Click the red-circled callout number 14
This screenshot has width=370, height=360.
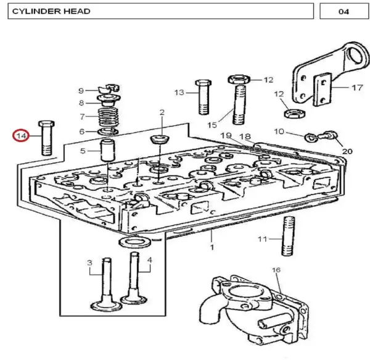pyautogui.click(x=21, y=136)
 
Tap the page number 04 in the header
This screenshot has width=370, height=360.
pyautogui.click(x=343, y=11)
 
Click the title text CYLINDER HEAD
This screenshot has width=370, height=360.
pyautogui.click(x=51, y=11)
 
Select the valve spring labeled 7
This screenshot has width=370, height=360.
pyautogui.click(x=109, y=117)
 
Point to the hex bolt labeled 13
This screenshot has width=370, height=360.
pyautogui.click(x=203, y=97)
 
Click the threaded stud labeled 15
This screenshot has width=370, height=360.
pyautogui.click(x=239, y=105)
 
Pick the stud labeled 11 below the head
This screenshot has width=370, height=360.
pyautogui.click(x=288, y=236)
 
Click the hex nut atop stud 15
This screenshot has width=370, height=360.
pyautogui.click(x=239, y=79)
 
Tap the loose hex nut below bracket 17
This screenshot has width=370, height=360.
pyautogui.click(x=295, y=114)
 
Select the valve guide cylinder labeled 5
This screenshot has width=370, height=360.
pyautogui.click(x=108, y=150)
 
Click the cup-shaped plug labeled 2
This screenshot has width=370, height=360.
pyautogui.click(x=160, y=139)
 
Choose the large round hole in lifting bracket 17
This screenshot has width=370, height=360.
pyautogui.click(x=356, y=56)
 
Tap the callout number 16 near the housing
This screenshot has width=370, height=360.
pyautogui.click(x=276, y=269)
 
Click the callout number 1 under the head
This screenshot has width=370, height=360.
pyautogui.click(x=212, y=247)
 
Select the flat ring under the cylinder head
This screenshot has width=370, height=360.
pyautogui.click(x=134, y=242)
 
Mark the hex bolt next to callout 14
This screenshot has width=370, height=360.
pyautogui.click(x=46, y=138)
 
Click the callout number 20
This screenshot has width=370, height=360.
pyautogui.click(x=347, y=151)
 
